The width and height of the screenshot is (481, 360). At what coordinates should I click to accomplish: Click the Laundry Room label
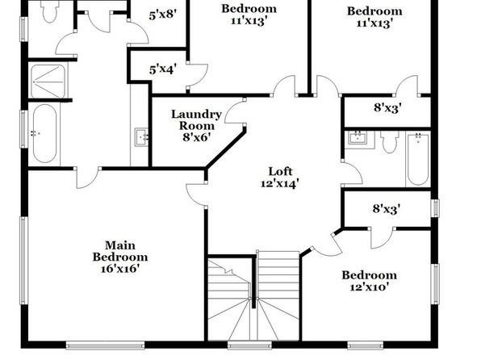[x=196, y=120]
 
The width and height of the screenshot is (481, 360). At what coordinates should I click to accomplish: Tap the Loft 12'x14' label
[x=280, y=178]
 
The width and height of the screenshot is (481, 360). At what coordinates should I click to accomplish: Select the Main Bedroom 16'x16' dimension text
[x=120, y=269]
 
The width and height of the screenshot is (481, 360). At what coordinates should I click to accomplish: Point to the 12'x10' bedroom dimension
[x=370, y=287]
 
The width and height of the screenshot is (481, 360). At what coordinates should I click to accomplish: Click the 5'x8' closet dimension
[x=162, y=15]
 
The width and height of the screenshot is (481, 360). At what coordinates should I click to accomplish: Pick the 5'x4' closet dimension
[x=162, y=69]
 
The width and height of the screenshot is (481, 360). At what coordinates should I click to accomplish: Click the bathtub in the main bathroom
[x=44, y=133]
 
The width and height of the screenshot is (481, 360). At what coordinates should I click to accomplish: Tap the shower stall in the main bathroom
[x=48, y=81]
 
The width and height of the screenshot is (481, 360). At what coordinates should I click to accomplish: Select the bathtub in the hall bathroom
[x=418, y=158]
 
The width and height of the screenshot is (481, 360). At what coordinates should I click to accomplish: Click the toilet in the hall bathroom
[x=390, y=141]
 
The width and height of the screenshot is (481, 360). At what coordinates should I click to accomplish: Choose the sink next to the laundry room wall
[x=142, y=137]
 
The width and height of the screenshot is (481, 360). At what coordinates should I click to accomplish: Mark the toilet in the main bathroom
[x=50, y=11]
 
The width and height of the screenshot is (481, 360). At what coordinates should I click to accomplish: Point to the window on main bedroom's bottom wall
[x=105, y=345]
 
